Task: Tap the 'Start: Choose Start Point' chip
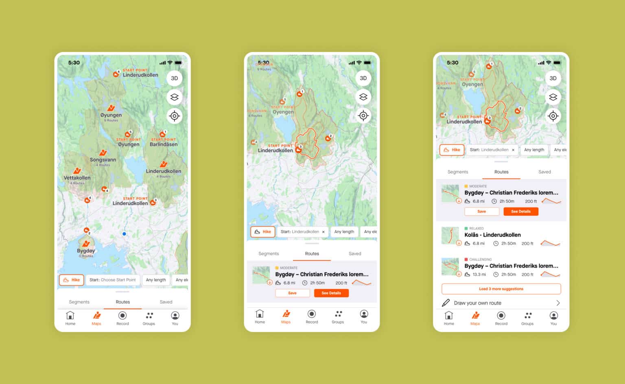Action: pos(113,280)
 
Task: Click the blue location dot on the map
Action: pos(124,234)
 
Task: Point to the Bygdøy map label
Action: pos(86,251)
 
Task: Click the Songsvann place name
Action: pos(103,160)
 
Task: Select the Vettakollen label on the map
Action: pos(77,178)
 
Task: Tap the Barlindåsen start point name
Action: pos(164,144)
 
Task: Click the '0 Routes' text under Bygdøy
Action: pos(86,256)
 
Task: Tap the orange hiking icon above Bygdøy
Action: pos(86,244)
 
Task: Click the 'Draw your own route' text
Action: pos(477,303)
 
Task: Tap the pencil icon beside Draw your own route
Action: pos(446,303)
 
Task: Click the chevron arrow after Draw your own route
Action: pos(558,303)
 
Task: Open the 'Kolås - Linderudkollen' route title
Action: pos(492,235)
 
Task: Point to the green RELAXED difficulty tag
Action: pos(476,229)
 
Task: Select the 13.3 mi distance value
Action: pos(479,275)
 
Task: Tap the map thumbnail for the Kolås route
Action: pos(450,236)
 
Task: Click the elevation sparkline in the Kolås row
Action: pos(550,243)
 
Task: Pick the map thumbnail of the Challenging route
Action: pos(450,266)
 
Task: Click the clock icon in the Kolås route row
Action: pos(496,244)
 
